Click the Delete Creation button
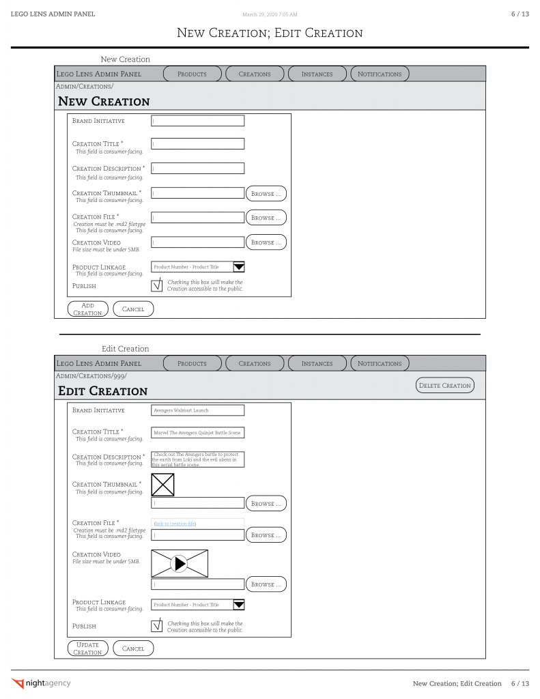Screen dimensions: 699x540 [x=444, y=386]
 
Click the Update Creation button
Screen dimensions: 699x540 [x=87, y=648]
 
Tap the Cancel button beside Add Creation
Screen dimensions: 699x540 [x=133, y=309]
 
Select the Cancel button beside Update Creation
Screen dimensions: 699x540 [x=133, y=648]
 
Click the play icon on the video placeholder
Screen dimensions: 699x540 [x=179, y=563]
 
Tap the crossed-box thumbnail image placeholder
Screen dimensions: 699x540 [x=162, y=485]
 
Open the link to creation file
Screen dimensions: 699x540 [x=175, y=524]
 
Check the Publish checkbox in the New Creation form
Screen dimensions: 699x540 [x=156, y=285]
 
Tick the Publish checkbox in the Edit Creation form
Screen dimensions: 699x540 [x=156, y=625]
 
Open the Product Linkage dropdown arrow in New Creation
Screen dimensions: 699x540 [x=239, y=267]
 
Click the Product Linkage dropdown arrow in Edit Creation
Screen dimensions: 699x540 [x=239, y=604]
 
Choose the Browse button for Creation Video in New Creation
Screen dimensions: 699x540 [x=266, y=242]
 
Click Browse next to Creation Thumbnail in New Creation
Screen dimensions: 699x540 [x=266, y=194]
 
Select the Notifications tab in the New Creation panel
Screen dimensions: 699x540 [x=380, y=74]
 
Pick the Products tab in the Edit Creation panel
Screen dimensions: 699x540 [x=192, y=363]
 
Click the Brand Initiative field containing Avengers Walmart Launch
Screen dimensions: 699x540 [x=197, y=410]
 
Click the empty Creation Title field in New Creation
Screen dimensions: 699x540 [x=197, y=144]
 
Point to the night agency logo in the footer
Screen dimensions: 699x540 [x=42, y=683]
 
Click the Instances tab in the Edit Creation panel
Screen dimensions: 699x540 [x=317, y=363]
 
